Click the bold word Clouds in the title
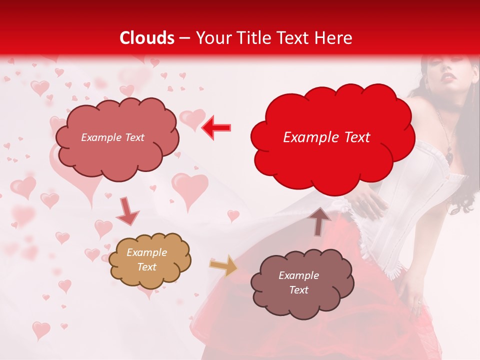(147, 38)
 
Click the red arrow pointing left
(216, 127)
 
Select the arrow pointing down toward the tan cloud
(127, 211)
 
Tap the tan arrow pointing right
(223, 265)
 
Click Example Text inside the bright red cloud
(326, 137)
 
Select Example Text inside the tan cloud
(147, 260)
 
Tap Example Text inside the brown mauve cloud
(298, 282)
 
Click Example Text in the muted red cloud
(112, 137)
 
